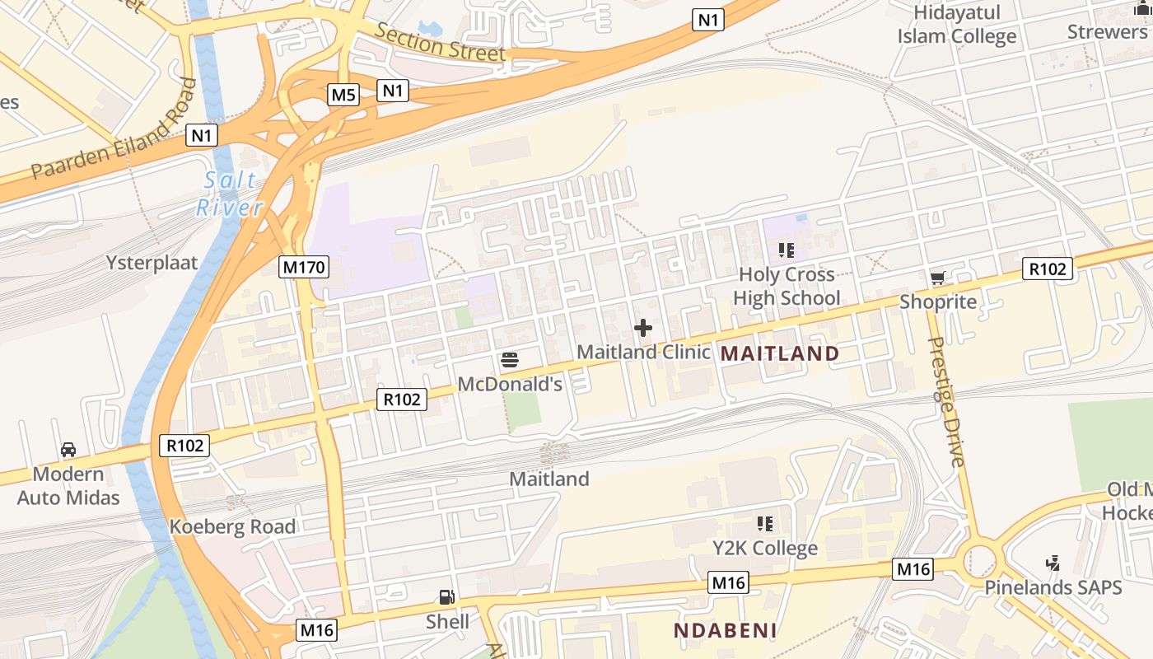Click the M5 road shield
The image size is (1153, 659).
tap(343, 95)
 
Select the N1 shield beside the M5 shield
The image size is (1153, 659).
tap(393, 90)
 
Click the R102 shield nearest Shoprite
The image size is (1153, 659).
tap(1048, 269)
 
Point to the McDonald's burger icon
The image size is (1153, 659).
tap(509, 360)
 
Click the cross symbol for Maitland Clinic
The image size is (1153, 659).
tap(643, 329)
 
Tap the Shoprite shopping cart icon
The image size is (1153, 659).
tap(937, 278)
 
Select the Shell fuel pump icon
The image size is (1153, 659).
tap(446, 597)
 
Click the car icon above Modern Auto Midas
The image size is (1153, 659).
tap(68, 450)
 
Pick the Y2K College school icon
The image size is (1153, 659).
tap(765, 524)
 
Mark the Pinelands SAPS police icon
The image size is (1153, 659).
tap(1053, 564)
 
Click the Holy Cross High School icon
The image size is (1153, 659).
tap(787, 250)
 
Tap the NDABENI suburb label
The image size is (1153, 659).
tap(726, 631)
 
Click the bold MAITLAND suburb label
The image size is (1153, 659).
tap(780, 354)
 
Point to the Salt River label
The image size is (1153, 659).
tap(230, 194)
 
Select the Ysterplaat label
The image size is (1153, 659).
tap(152, 263)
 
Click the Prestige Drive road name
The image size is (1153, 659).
tap(946, 401)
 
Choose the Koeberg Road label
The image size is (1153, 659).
tap(232, 527)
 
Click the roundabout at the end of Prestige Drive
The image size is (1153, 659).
tap(979, 558)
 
